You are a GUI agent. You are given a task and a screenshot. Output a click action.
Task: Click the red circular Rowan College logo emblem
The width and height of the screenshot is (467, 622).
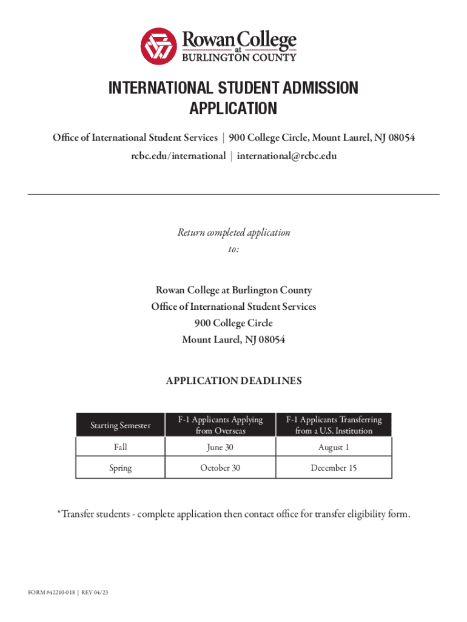[159, 47]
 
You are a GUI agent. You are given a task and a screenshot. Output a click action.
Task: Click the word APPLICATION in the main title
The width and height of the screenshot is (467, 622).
[233, 109]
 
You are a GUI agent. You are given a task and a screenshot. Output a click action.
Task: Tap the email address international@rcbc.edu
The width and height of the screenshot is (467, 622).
[287, 156]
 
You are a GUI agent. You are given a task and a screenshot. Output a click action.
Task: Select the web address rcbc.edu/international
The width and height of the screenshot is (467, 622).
[178, 156]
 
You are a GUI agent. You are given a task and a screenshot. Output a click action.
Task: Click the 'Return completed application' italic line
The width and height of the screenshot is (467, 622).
[233, 233]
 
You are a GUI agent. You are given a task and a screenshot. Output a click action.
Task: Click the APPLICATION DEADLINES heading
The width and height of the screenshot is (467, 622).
[233, 381]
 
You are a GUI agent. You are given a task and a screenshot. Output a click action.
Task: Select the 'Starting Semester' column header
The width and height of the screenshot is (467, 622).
[120, 425]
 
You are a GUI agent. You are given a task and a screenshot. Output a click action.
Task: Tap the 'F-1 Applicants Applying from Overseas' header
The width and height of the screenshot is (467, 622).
[220, 425]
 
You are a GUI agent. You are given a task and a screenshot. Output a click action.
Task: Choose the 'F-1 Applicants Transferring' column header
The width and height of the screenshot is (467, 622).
[334, 425]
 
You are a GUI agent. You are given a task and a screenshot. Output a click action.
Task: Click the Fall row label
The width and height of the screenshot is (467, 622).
[120, 447]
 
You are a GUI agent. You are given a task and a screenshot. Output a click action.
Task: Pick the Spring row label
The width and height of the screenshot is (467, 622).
[120, 468]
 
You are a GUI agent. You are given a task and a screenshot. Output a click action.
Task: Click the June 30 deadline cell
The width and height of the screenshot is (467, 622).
[220, 447]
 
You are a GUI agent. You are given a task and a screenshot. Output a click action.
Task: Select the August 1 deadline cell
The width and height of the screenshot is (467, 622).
[334, 447]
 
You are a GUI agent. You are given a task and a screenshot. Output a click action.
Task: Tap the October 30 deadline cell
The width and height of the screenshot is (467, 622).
[220, 468]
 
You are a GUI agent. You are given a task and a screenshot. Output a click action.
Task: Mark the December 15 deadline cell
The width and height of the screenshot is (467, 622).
[334, 468]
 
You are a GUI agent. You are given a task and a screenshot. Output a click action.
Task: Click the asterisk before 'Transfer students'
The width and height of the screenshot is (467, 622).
[59, 513]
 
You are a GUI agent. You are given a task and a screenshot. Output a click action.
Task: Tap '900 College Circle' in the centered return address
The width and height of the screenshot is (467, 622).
[233, 323]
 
